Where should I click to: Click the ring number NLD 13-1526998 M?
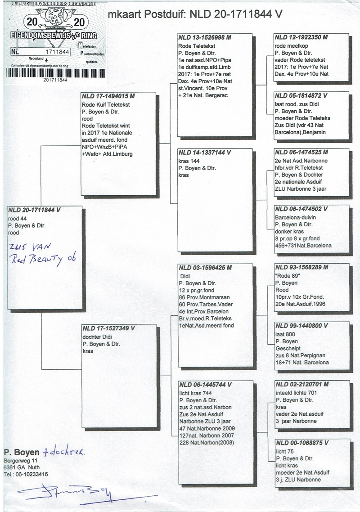click(x=205, y=37)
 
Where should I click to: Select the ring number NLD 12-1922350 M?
click(x=301, y=37)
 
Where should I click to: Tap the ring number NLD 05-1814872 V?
click(x=301, y=96)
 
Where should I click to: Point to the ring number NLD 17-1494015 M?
click(x=108, y=96)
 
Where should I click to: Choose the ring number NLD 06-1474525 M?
click(x=301, y=153)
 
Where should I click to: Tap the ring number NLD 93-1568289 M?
click(x=301, y=268)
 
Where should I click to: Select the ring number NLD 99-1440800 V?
click(x=301, y=325)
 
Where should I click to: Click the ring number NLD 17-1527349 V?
click(x=108, y=328)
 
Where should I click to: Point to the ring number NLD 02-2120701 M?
click(x=301, y=385)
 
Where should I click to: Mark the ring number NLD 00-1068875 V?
click(x=301, y=443)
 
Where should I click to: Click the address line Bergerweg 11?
click(x=18, y=461)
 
